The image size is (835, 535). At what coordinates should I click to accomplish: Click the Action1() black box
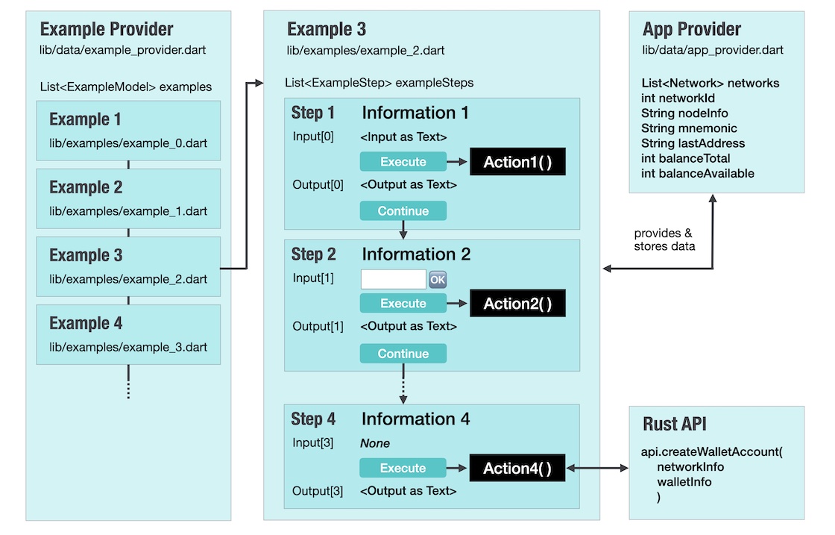pos(517,161)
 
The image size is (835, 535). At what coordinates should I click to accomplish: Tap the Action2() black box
pos(517,303)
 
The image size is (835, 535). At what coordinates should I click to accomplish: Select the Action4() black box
pos(517,468)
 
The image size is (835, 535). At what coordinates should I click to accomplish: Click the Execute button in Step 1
pos(403,161)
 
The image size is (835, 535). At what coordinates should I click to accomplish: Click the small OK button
pos(438,279)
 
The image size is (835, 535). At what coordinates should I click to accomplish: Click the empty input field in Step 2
pos(394,279)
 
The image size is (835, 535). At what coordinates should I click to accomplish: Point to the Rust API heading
pos(675,424)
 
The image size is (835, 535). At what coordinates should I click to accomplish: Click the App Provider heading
pos(692,29)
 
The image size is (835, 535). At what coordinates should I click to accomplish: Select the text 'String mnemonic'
pos(689,128)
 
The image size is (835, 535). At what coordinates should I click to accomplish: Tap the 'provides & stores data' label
pos(664,240)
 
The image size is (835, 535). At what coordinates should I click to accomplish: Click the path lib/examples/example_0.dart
pos(128,143)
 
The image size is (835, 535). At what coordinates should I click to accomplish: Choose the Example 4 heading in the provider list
pos(86,323)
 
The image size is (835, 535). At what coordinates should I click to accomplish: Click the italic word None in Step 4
pos(375,443)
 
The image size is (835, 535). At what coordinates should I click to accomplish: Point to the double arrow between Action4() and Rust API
pos(597,469)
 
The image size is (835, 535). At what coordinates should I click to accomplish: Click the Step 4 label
pos(313,419)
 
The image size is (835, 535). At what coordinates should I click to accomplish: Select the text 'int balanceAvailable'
pos(698,173)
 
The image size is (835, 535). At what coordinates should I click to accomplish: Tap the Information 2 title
pos(416,254)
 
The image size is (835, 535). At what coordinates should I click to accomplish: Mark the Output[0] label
pos(318,185)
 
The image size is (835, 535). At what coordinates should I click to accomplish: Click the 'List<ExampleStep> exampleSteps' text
pos(379,83)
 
